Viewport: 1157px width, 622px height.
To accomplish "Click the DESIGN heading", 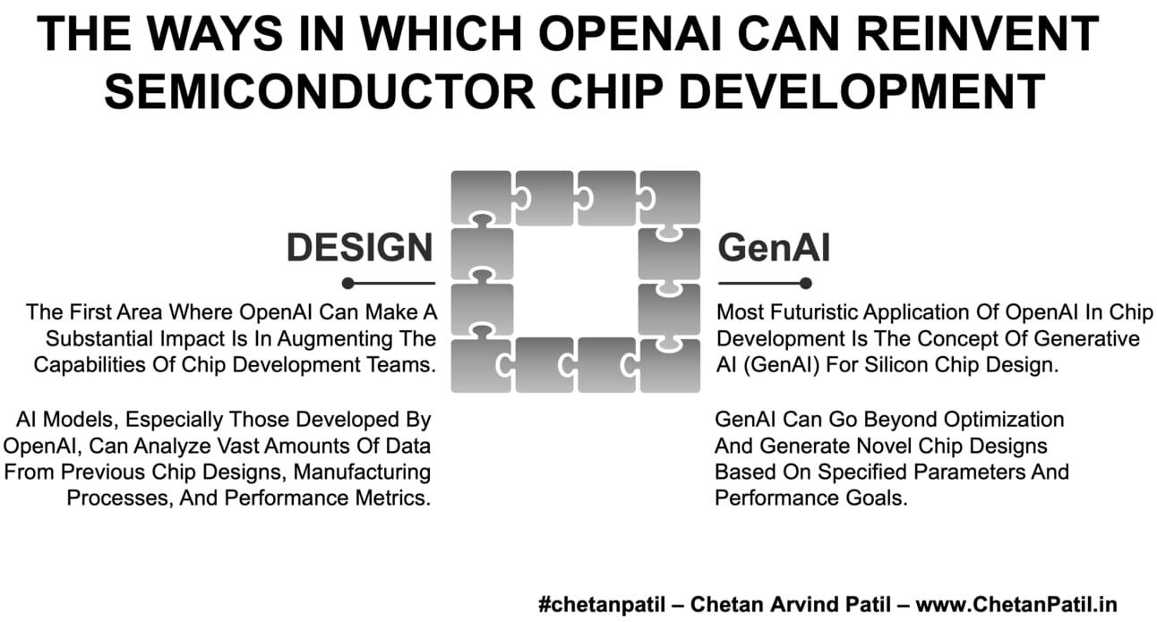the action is (x=359, y=248).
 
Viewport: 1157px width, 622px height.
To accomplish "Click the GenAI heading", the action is (x=774, y=248).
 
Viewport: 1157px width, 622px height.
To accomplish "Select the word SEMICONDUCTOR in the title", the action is (x=319, y=91).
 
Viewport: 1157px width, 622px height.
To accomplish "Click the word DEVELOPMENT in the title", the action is (x=862, y=91).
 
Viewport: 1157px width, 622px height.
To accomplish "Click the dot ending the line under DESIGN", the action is (x=348, y=283).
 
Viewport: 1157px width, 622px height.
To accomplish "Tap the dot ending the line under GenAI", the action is (x=806, y=283).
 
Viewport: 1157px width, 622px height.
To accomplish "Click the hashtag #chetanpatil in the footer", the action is (x=602, y=604).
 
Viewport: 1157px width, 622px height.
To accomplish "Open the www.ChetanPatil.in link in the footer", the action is (x=1016, y=604).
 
